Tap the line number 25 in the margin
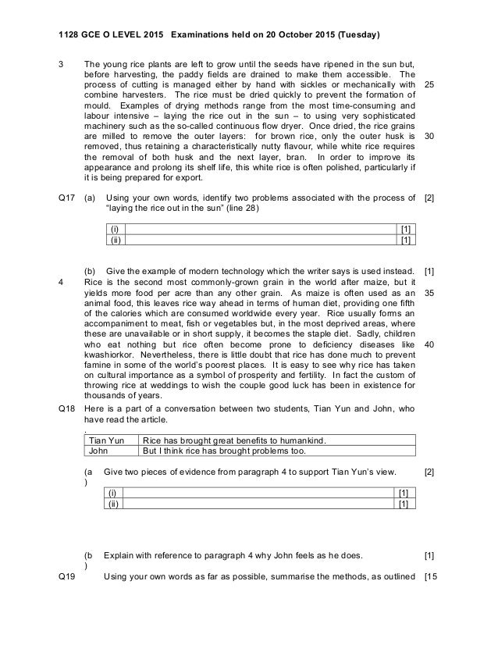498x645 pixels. tap(428, 84)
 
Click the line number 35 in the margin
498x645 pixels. tap(428, 294)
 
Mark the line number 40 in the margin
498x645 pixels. tap(428, 344)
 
